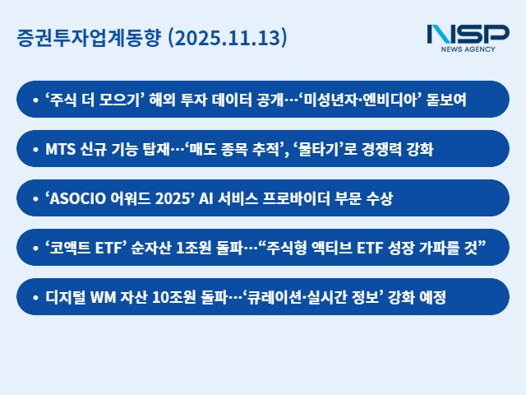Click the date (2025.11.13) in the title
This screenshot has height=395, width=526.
coord(227,39)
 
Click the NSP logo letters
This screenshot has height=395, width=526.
coord(468,35)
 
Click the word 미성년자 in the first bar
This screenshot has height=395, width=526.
coord(337,100)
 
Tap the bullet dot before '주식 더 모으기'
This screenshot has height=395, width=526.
coord(35,100)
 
